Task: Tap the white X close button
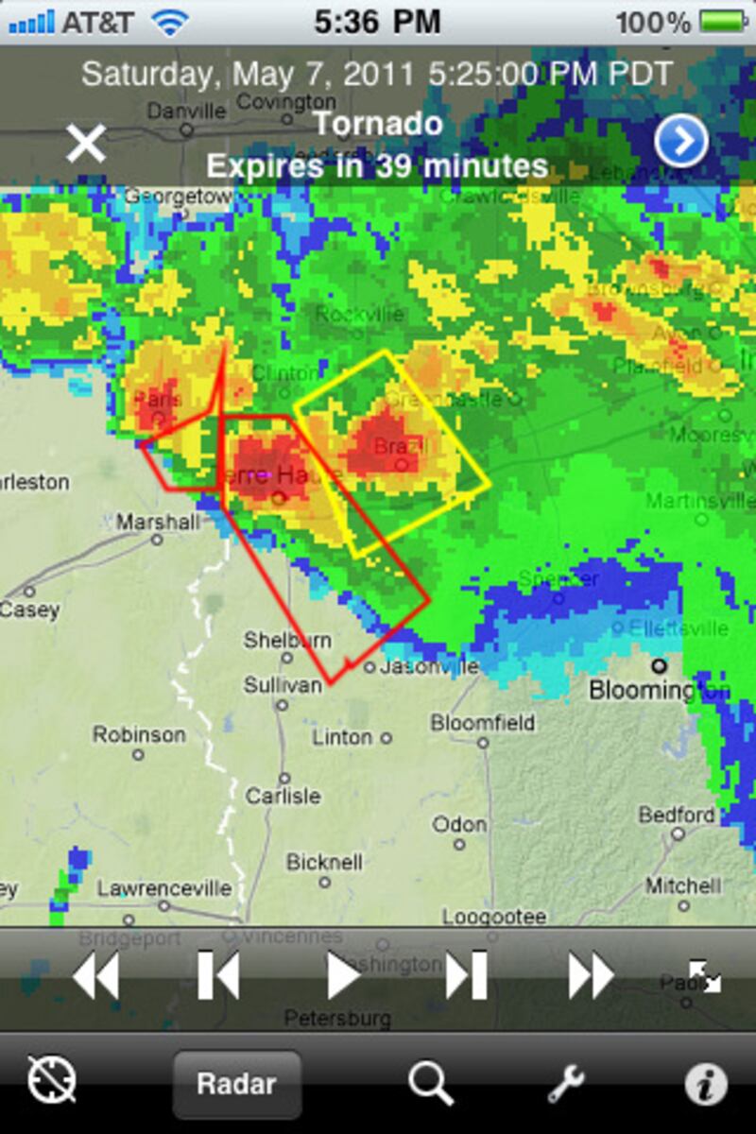85,144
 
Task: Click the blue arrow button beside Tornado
680,142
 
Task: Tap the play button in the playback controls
344,975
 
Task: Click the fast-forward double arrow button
591,975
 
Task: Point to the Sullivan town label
283,684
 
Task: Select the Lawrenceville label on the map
164,888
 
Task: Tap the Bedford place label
677,815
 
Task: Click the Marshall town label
158,522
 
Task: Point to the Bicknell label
324,862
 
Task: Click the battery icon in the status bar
724,22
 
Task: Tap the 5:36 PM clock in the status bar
377,22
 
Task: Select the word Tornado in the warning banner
377,124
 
